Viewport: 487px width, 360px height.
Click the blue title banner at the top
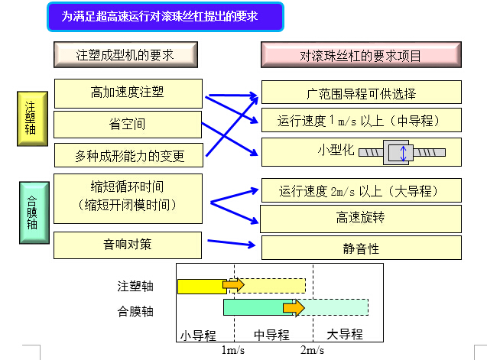[x=166, y=17]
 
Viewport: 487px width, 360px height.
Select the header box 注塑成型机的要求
[x=126, y=55]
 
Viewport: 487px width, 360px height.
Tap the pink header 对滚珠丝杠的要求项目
[x=361, y=55]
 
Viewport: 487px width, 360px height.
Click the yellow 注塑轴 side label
[x=32, y=118]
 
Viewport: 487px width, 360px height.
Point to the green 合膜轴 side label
[x=34, y=212]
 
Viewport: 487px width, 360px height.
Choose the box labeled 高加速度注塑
[x=128, y=93]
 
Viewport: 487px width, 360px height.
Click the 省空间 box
[x=128, y=125]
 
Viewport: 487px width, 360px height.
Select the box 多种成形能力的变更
[x=129, y=155]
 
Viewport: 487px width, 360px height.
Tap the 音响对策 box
[x=128, y=245]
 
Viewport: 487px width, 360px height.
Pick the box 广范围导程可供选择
[x=362, y=92]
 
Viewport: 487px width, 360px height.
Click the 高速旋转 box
[x=361, y=219]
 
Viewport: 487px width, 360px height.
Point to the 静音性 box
[x=362, y=248]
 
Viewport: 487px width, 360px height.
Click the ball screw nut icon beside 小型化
[x=402, y=152]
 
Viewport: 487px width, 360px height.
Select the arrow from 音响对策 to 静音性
[x=232, y=242]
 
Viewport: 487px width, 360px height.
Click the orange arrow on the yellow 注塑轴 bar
[x=234, y=284]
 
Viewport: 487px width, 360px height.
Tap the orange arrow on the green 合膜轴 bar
[x=294, y=308]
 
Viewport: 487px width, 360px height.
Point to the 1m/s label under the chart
[x=233, y=350]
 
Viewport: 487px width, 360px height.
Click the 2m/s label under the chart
[x=312, y=350]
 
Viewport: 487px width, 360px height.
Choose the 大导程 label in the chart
[x=345, y=335]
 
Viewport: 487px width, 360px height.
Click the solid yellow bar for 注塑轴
[x=202, y=287]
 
